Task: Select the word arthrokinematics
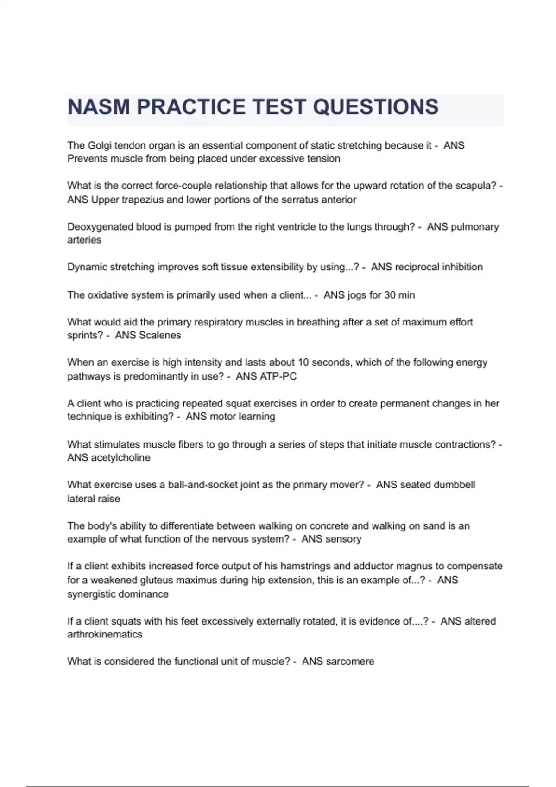point(105,634)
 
